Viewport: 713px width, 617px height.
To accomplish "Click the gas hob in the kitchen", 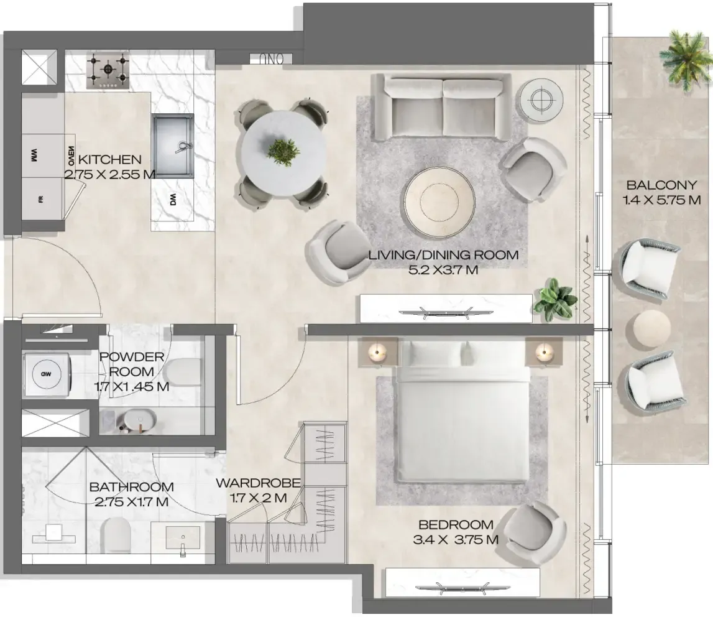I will tap(108, 70).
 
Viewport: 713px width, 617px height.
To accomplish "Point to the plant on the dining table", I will tap(283, 151).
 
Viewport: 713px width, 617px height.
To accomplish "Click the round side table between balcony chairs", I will tap(651, 329).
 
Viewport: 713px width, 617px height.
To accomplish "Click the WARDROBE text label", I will tap(258, 483).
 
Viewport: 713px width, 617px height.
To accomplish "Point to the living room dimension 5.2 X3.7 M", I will tap(443, 270).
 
